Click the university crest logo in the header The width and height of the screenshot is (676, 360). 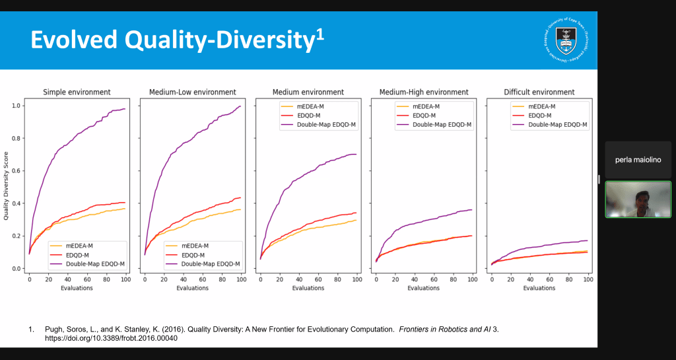(x=567, y=40)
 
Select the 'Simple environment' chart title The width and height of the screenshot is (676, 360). (x=77, y=92)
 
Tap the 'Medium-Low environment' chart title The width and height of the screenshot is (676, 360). (x=192, y=92)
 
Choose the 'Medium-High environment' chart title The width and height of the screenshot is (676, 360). (x=424, y=92)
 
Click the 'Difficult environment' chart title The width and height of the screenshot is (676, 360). (x=539, y=92)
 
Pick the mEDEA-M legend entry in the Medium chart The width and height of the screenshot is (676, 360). (x=309, y=106)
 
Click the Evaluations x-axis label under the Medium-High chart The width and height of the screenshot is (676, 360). (x=424, y=288)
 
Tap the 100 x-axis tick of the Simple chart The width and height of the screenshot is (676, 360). (x=125, y=279)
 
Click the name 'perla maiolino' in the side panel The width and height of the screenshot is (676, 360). (x=638, y=160)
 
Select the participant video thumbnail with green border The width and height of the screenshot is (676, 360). (x=638, y=199)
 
